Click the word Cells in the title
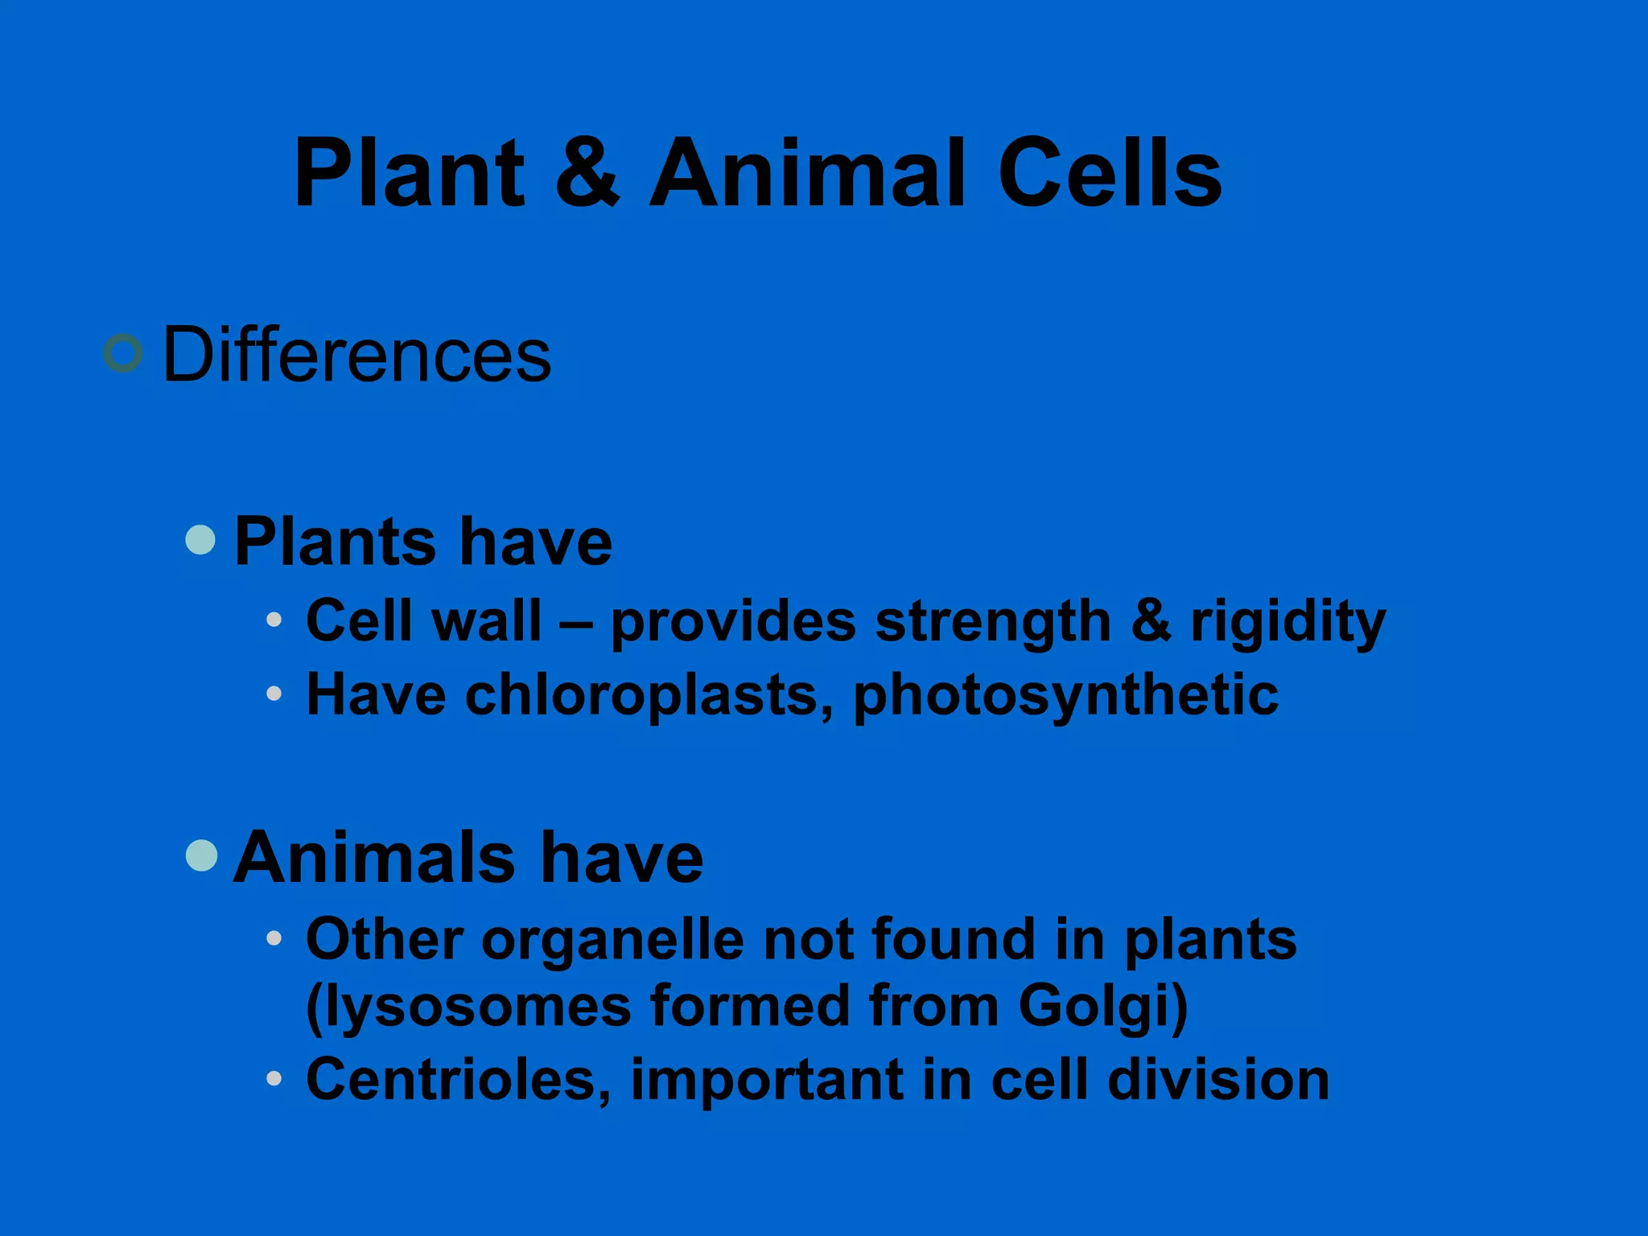1110,173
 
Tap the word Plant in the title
410,173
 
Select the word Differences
356,355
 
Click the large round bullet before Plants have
200,540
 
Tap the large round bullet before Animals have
201,855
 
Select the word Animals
373,858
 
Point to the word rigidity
1288,622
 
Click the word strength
993,622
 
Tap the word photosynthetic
1065,694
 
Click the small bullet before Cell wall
274,620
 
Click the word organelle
612,940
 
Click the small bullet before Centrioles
274,1078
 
